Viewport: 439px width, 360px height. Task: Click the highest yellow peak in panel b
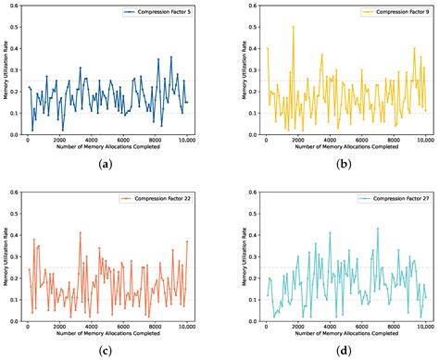294,27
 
